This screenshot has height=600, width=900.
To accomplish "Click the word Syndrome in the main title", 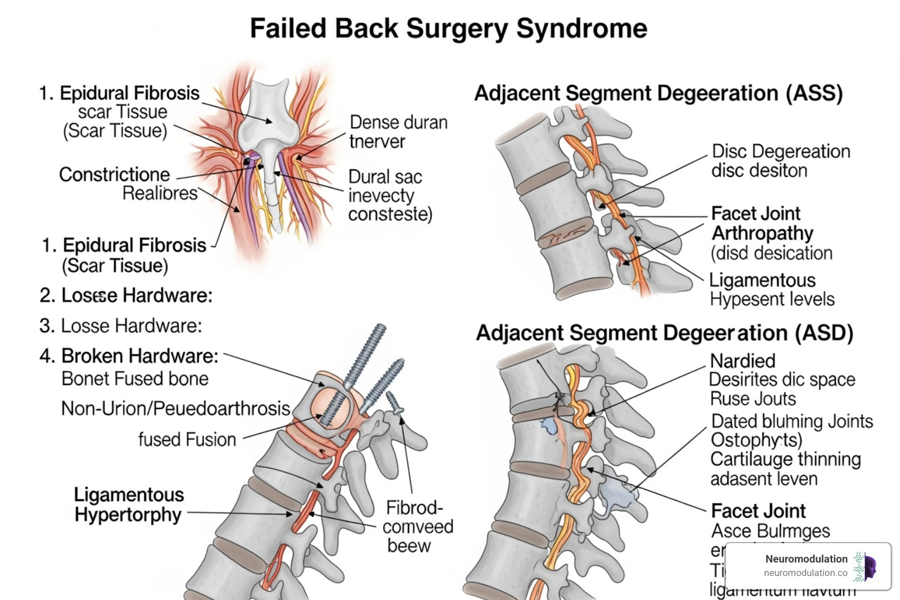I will click(x=581, y=29).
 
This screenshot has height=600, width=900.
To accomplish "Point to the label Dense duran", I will click(x=398, y=122).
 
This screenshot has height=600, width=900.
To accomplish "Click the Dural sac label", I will click(x=385, y=177).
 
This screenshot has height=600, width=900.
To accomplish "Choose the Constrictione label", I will click(x=114, y=175).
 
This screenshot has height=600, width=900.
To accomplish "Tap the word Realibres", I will click(x=159, y=193).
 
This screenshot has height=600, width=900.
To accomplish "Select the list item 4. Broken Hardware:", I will click(x=139, y=356).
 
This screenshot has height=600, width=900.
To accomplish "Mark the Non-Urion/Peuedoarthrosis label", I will click(x=175, y=408).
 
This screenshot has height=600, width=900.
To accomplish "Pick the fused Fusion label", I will click(x=187, y=439).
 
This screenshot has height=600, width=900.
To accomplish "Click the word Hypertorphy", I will click(x=128, y=515).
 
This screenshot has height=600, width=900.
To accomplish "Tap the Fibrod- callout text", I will click(x=414, y=507).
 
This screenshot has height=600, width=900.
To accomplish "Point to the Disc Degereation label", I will click(x=780, y=151).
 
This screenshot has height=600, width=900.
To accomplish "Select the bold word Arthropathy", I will click(x=762, y=233).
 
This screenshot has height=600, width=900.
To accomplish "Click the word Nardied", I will click(x=742, y=361).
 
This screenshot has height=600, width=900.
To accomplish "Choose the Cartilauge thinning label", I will click(x=785, y=459).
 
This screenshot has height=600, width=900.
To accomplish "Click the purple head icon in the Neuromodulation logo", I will click(x=869, y=567).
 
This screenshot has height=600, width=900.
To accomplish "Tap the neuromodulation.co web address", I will click(x=805, y=573).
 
